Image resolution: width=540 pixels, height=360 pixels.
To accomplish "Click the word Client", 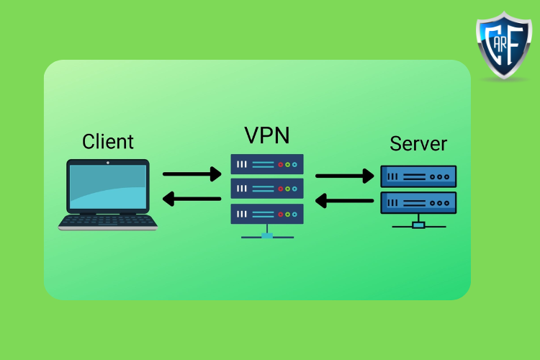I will click(x=108, y=140).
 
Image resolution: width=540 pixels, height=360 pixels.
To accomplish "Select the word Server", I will click(x=418, y=143).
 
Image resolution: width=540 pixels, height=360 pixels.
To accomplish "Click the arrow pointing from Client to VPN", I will click(x=192, y=174).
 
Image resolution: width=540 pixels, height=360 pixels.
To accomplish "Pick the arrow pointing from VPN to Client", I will click(x=192, y=198).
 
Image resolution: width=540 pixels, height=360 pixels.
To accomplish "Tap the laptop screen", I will click(x=108, y=186).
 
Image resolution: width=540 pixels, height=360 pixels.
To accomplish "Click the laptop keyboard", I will click(x=108, y=221).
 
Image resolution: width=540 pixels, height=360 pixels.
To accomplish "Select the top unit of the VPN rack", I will click(x=267, y=164).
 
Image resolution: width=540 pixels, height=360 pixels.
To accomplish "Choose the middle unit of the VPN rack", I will click(x=267, y=189).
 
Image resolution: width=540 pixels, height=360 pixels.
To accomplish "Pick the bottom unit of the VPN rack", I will click(x=267, y=214).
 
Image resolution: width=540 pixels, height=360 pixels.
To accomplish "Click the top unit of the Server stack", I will click(x=418, y=176).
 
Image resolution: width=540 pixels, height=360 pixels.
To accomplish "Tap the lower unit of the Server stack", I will click(x=418, y=202).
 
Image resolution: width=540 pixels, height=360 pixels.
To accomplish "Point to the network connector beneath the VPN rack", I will click(x=267, y=235).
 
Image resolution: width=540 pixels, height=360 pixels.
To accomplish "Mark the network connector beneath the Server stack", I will click(x=418, y=224).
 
